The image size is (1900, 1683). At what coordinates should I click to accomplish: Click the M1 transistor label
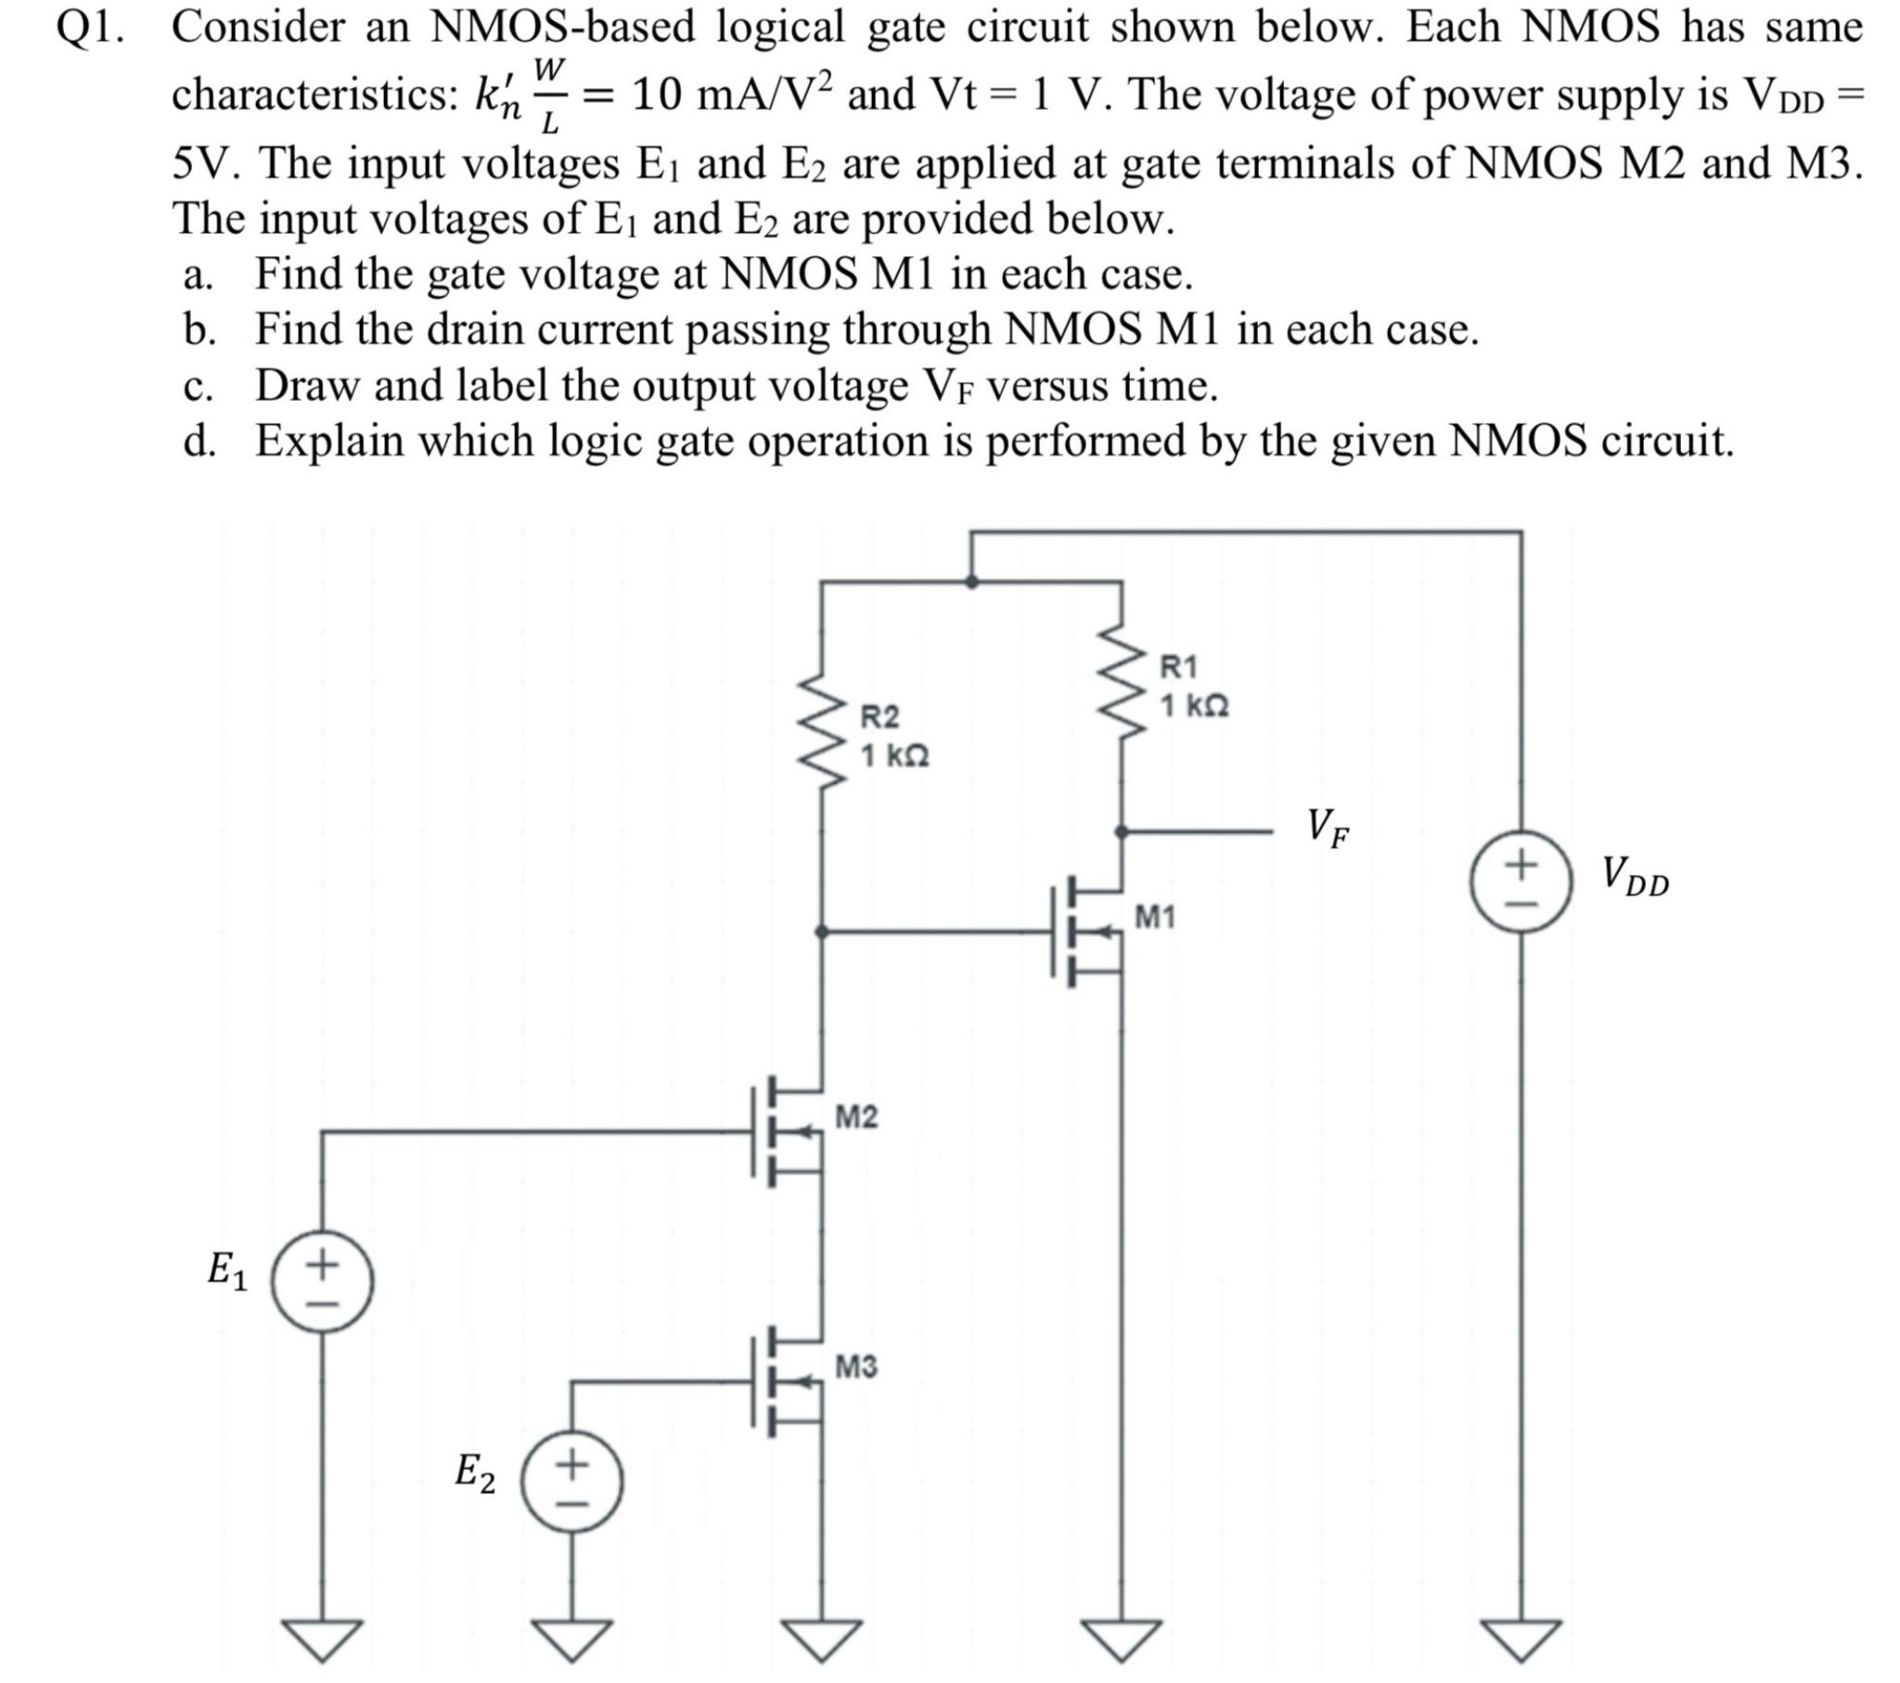(x=1155, y=918)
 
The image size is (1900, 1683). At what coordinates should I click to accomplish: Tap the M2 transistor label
(x=856, y=1116)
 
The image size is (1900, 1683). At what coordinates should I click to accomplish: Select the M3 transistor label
(x=856, y=1367)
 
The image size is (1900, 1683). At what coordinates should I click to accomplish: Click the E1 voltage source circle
(x=323, y=1280)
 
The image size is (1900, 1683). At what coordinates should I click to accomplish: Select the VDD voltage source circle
(x=1521, y=881)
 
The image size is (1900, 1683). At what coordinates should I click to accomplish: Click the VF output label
(x=1328, y=829)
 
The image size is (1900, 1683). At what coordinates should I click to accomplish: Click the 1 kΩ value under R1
(x=1195, y=707)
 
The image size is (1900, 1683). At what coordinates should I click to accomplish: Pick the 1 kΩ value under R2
(x=894, y=756)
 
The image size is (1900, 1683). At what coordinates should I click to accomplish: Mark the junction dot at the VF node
(x=1122, y=831)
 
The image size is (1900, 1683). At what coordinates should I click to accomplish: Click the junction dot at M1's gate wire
(x=822, y=931)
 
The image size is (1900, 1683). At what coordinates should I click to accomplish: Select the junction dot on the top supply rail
(x=971, y=582)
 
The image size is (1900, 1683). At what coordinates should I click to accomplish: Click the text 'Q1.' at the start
(x=89, y=28)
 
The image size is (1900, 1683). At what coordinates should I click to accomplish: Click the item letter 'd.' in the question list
(x=199, y=441)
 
